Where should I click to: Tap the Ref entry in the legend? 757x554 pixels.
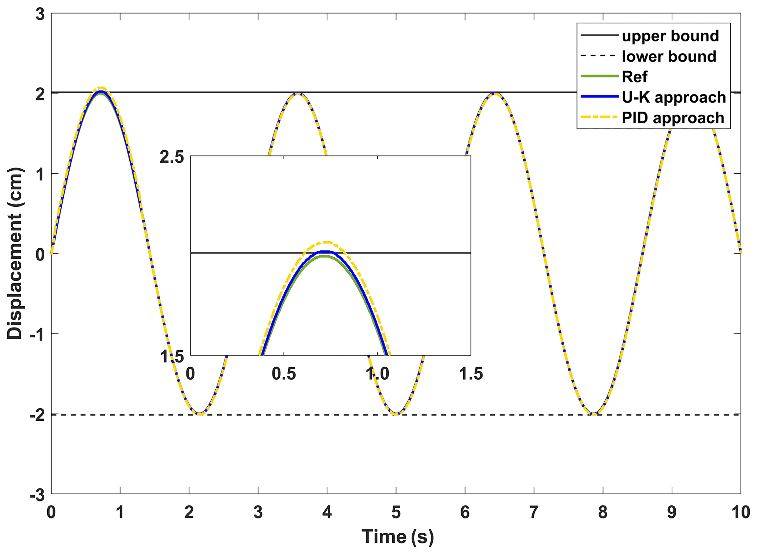pyautogui.click(x=634, y=77)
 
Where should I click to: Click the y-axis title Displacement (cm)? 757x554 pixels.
pyautogui.click(x=15, y=254)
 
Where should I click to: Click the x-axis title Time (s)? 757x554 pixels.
pyautogui.click(x=397, y=536)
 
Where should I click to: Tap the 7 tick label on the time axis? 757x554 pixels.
pyautogui.click(x=534, y=512)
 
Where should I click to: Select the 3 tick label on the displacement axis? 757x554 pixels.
pyautogui.click(x=40, y=15)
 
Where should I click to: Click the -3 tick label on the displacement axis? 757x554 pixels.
pyautogui.click(x=37, y=496)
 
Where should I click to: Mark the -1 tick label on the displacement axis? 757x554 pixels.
pyautogui.click(x=37, y=334)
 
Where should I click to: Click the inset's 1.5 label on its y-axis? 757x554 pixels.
pyautogui.click(x=172, y=357)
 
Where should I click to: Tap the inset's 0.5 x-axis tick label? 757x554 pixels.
pyautogui.click(x=283, y=374)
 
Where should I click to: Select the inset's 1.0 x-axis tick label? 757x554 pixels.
pyautogui.click(x=377, y=374)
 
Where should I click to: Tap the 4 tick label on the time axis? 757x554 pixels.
pyautogui.click(x=327, y=512)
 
